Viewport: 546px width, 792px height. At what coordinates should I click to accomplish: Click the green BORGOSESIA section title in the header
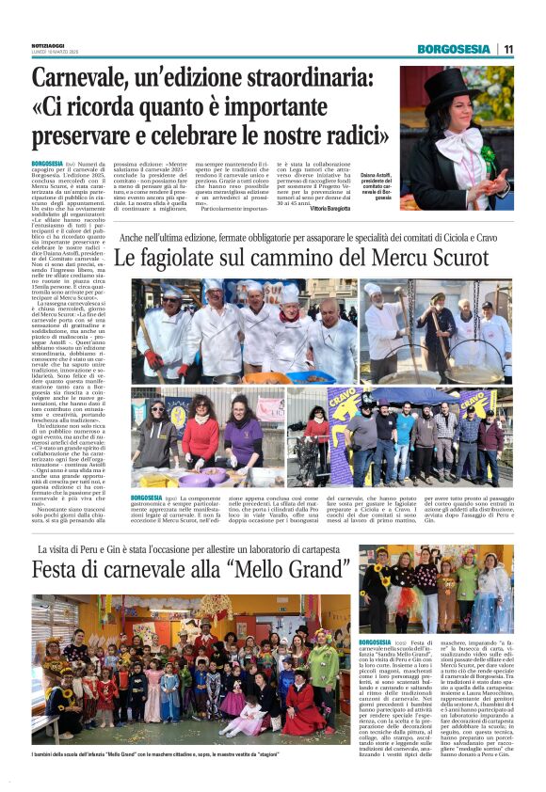pos(454,49)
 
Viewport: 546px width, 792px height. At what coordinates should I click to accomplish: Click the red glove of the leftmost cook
pos(153,359)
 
